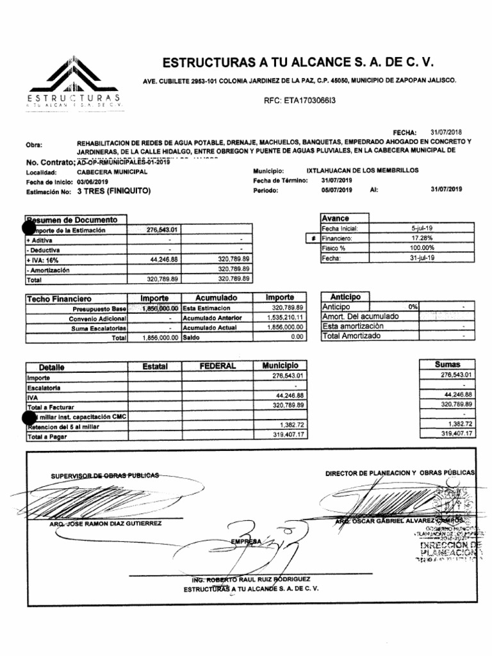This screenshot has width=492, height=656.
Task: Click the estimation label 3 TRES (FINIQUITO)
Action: point(113,190)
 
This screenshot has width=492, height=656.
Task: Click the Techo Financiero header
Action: point(59,299)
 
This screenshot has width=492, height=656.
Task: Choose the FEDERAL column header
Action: point(217,366)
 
